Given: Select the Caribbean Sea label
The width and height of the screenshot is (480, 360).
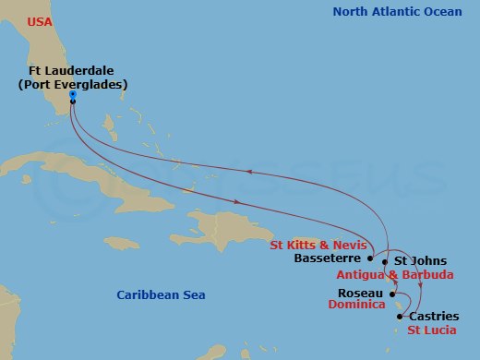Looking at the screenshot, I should [x=161, y=294].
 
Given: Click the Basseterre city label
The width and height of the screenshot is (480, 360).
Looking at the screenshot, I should [x=326, y=258].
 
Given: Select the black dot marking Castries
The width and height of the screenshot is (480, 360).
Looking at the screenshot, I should [x=399, y=317].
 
